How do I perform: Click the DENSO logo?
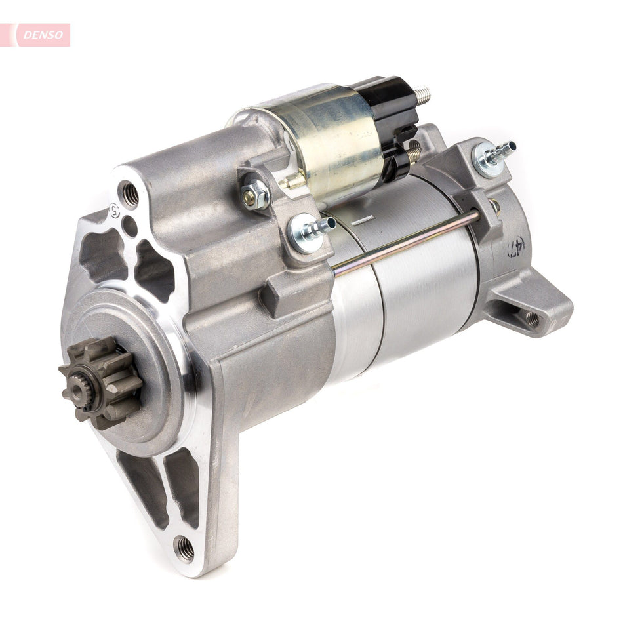coord(36,35)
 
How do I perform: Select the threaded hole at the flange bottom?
coord(184,547)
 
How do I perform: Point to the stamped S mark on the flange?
coord(115,211)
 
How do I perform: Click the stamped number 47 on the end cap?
coord(515,247)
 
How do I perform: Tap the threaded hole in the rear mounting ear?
coord(532,319)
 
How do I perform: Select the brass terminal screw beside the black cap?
coord(412,155)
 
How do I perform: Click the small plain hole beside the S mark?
coord(130,225)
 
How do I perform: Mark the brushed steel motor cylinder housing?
coord(420,289)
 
